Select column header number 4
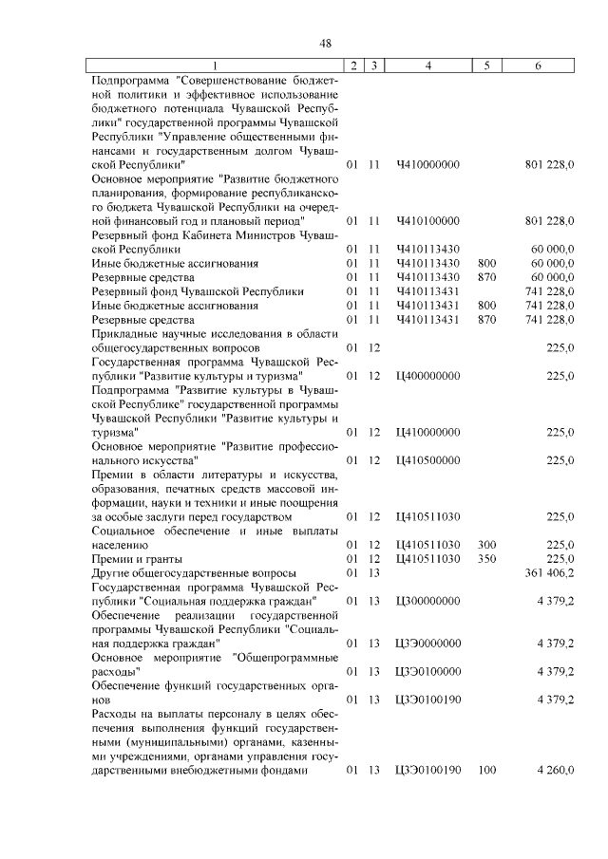(428, 65)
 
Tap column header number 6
(539, 65)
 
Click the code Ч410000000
(427, 165)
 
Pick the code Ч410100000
(427, 221)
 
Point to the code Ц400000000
(427, 376)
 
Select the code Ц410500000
(427, 460)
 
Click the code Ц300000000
(427, 601)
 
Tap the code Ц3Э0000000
(427, 643)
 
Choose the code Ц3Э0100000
(427, 671)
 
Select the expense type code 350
(487, 559)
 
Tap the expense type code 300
(487, 545)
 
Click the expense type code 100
(487, 770)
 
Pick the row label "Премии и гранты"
(134, 559)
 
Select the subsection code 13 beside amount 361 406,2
(374, 573)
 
